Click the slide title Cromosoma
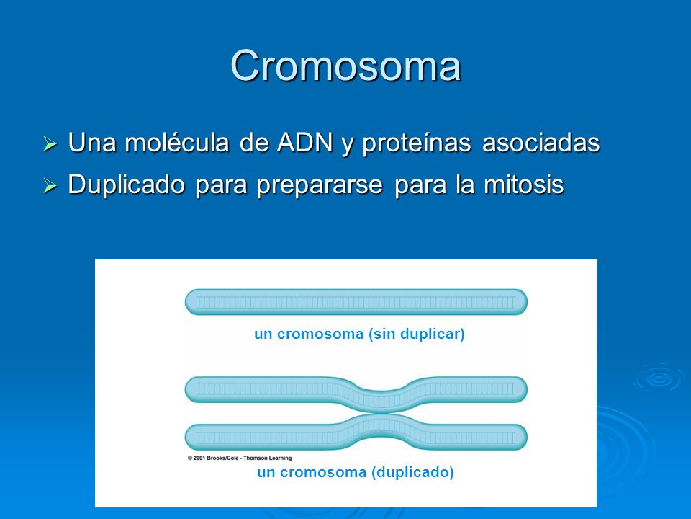point(345,66)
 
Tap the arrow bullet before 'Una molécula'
point(50,144)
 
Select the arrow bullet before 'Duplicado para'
point(50,186)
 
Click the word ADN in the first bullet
point(304,142)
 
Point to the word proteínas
point(417,144)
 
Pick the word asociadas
point(541,143)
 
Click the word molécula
point(177,142)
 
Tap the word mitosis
point(524,185)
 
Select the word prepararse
point(320,186)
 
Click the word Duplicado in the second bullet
point(127,185)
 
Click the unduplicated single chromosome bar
point(356,302)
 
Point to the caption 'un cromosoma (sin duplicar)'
point(360,334)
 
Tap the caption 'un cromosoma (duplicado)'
point(356,473)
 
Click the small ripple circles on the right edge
point(659,378)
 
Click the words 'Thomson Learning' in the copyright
point(268,458)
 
